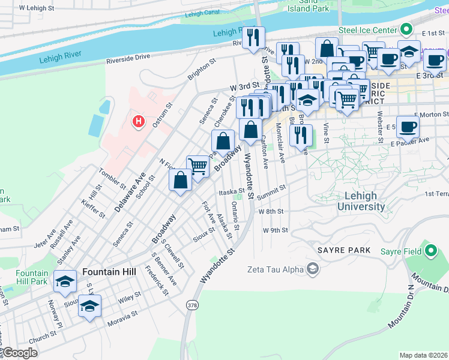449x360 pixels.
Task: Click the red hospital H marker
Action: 139,122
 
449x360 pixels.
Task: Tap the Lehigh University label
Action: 361,201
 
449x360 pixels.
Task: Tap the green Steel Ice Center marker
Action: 406,28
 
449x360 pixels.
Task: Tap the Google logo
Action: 20,353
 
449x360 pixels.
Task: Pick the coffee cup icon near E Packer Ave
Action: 408,127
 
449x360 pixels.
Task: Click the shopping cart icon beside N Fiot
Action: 197,166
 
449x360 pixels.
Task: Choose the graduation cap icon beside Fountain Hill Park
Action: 65,281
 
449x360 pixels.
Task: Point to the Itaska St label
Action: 231,192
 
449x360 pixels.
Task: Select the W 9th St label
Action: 275,230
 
